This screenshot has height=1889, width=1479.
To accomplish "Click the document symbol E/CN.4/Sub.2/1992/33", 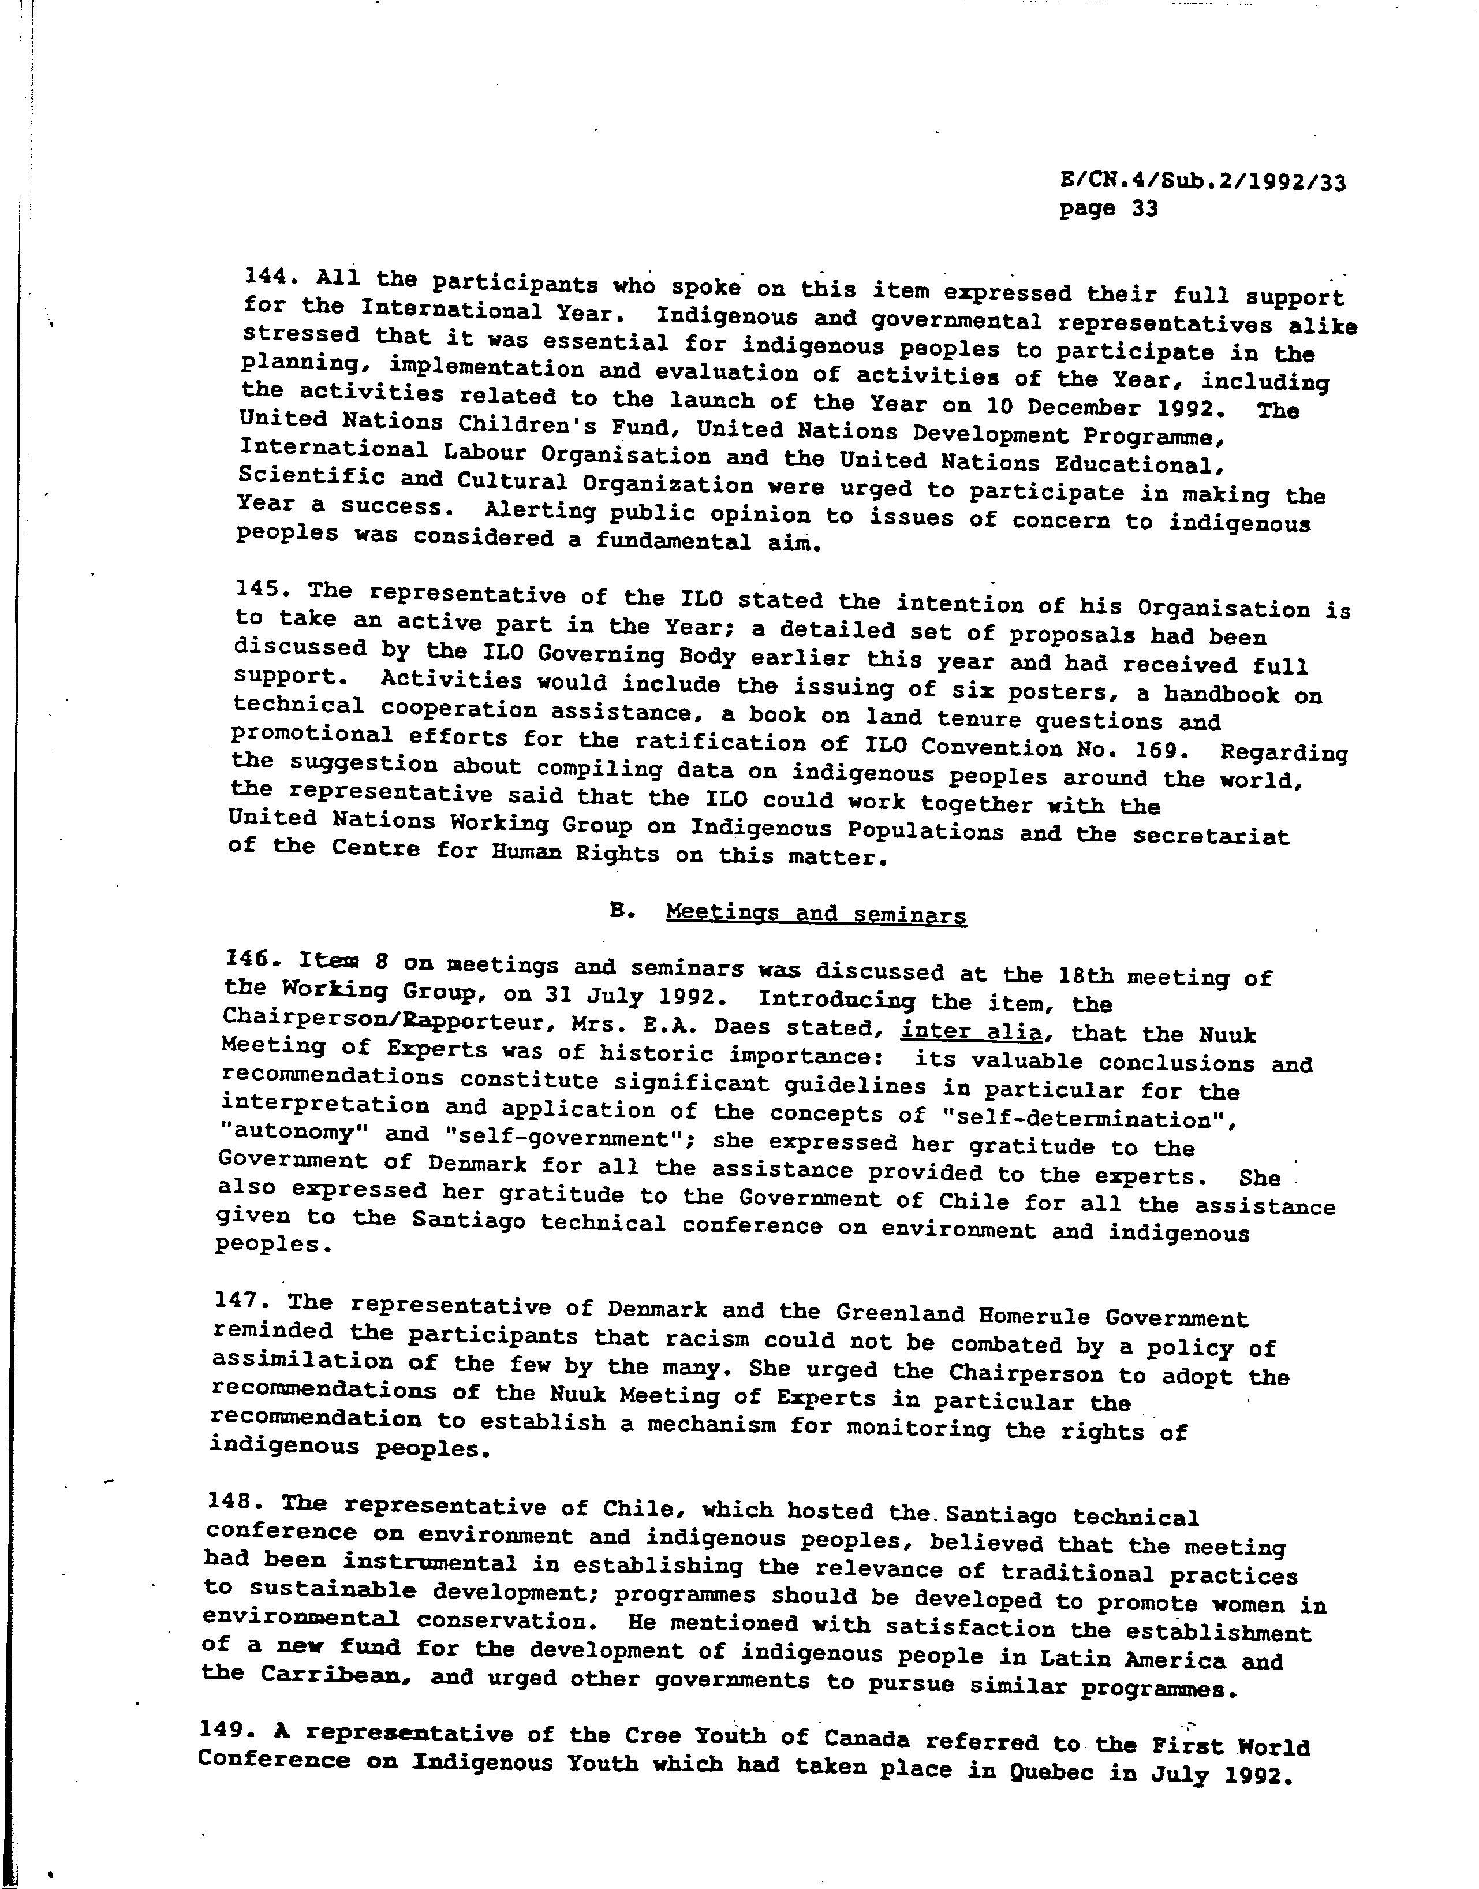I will tap(1202, 182).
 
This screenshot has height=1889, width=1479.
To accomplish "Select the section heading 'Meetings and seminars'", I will tap(815, 915).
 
